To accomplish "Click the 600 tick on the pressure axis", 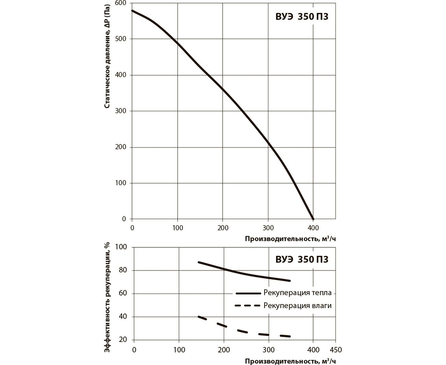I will tap(121, 3).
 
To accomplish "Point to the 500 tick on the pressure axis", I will tap(121, 39).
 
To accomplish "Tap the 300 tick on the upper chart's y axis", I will tap(121, 111).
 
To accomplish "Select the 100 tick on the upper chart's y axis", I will tap(121, 183).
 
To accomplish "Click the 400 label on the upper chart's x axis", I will tap(313, 227).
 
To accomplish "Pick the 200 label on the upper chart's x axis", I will tap(223, 227).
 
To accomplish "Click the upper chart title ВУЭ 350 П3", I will tap(302, 17).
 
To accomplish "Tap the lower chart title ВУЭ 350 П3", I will tap(302, 259).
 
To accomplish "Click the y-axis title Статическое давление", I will tap(107, 56).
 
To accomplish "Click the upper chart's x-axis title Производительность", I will tap(290, 239).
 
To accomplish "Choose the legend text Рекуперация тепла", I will tap(297, 293).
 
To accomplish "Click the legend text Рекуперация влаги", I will tap(297, 305).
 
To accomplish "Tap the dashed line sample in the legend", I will tap(247, 305).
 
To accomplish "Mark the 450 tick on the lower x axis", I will tap(336, 350).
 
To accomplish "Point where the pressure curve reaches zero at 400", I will tap(313, 219).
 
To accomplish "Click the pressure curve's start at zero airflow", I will tap(133, 11).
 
